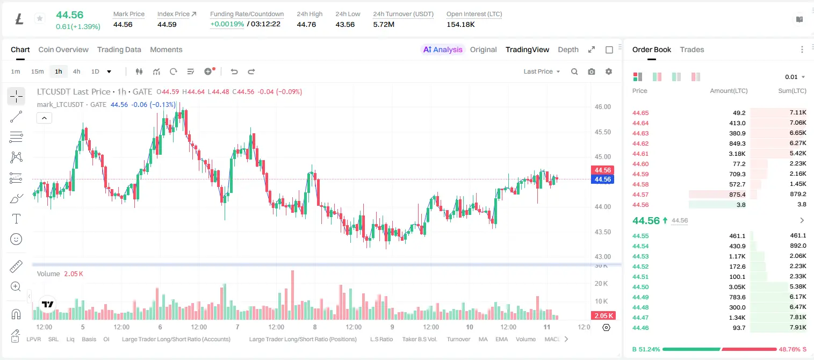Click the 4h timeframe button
[x=76, y=71]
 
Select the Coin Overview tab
[x=63, y=49]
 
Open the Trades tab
[x=692, y=49]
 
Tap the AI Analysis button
[x=443, y=49]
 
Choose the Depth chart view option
[x=568, y=49]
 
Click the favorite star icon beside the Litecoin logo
[x=40, y=18]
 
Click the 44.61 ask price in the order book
[x=640, y=154]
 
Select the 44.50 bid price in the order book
[x=640, y=287]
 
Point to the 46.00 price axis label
[x=602, y=107]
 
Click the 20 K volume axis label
[x=601, y=283]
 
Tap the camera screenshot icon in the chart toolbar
[x=591, y=71]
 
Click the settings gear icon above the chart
[x=609, y=71]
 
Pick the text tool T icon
[x=16, y=219]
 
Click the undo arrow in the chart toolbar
[x=234, y=71]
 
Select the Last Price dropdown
[x=542, y=71]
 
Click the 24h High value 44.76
[x=306, y=24]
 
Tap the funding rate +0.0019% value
[x=227, y=24]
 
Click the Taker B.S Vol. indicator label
[x=419, y=339]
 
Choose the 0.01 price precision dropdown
[x=795, y=77]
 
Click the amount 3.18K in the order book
[x=737, y=154]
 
